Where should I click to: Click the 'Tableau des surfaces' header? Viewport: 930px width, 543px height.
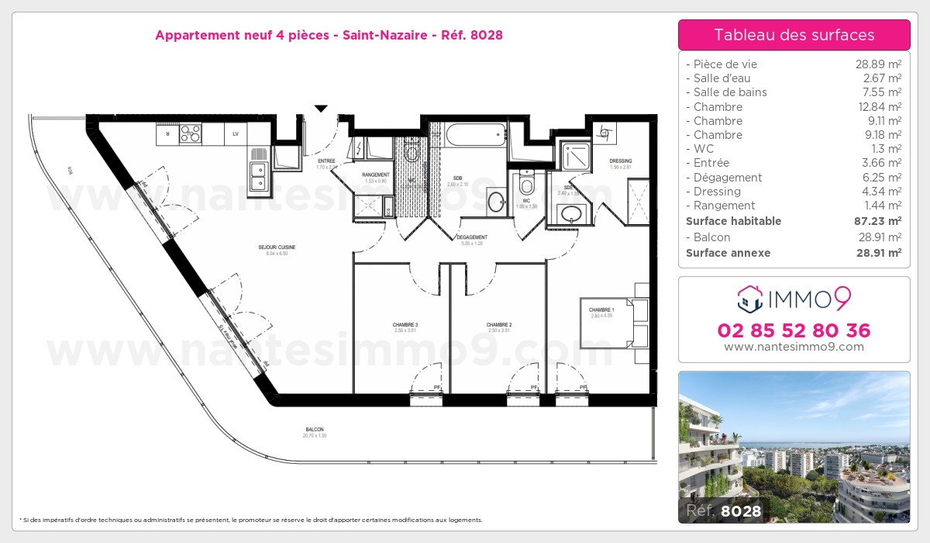coord(794,35)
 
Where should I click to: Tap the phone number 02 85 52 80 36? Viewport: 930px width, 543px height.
coord(794,330)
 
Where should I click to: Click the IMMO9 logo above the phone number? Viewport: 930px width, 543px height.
coord(794,297)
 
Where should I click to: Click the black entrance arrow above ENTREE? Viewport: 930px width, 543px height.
coord(321,109)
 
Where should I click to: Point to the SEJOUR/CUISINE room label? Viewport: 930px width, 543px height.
coord(277,247)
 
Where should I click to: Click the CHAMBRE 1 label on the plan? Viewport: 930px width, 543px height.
coord(601,310)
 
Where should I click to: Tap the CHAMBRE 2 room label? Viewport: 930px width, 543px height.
coord(499,324)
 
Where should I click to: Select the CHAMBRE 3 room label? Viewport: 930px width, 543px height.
coord(405,324)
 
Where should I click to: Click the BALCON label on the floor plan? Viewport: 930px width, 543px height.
coord(314,430)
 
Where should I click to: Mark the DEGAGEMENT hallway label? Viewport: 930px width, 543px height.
coord(471,237)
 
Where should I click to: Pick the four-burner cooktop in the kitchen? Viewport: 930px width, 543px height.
coord(191,134)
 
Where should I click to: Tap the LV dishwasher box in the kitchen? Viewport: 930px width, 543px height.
coord(235,134)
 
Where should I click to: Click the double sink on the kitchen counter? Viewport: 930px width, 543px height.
coord(258,177)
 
